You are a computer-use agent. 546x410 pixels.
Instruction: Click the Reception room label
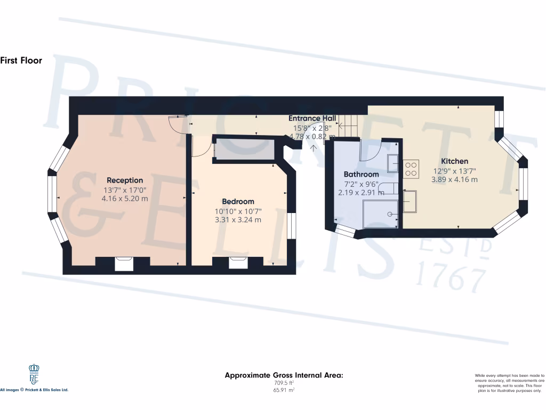pos(125,180)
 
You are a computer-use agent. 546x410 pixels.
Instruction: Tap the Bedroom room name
pos(238,202)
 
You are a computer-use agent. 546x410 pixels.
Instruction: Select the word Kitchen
pos(454,161)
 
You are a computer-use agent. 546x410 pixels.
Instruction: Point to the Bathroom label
pos(361,175)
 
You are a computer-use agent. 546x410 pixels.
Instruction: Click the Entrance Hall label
pos(312,119)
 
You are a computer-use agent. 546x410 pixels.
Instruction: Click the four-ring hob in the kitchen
pos(411,169)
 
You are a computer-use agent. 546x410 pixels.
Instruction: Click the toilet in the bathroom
pos(388,187)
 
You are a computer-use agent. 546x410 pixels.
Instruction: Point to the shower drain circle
pos(390,214)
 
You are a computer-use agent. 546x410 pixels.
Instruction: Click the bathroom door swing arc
pos(368,151)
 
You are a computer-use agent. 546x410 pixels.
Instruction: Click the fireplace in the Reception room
pos(124,264)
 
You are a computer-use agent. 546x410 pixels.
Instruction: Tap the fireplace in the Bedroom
pos(238,263)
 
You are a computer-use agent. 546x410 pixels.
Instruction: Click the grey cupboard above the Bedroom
pos(244,151)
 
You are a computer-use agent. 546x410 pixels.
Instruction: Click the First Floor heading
pos(21,60)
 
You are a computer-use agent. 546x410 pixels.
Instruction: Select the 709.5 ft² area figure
pos(283,383)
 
